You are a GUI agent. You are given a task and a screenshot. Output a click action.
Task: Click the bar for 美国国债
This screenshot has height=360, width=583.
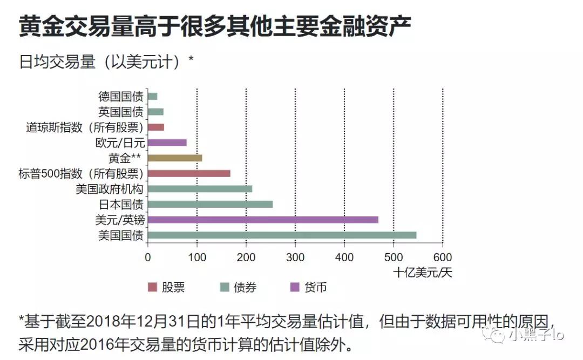(282, 235)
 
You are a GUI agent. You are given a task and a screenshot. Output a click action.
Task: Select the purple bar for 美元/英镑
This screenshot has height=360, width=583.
(262, 220)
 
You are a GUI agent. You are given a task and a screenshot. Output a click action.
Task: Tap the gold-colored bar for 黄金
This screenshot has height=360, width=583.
(174, 158)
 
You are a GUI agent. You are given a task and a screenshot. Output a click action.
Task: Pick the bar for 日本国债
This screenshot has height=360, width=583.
(210, 204)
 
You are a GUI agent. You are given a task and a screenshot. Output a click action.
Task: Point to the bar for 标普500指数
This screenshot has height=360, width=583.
(189, 173)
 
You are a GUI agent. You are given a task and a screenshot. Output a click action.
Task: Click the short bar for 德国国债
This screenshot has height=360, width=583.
(152, 97)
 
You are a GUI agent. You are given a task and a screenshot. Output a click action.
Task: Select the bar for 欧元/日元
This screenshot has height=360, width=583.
(167, 142)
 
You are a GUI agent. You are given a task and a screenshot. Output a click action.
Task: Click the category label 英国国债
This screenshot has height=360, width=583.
(120, 112)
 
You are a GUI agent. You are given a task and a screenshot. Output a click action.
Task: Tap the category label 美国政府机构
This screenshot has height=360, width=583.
(110, 189)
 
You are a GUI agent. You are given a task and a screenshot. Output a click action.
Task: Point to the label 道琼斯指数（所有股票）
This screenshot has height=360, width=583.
(84, 128)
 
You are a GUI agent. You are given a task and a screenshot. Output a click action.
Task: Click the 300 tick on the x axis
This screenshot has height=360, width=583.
(295, 257)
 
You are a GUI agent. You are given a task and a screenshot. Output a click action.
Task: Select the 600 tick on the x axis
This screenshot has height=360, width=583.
(443, 257)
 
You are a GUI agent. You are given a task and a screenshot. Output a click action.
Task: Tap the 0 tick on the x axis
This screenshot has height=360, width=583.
(148, 257)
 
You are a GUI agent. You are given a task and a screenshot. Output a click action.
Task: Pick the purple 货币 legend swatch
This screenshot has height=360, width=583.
(295, 288)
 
